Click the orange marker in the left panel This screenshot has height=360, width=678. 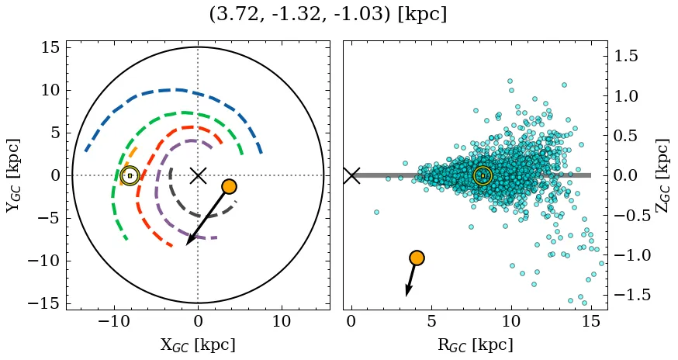pyautogui.click(x=229, y=186)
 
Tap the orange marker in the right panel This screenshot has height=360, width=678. pyautogui.click(x=417, y=258)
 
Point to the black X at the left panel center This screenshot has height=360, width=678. pyautogui.click(x=198, y=175)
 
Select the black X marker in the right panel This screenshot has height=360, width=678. pyautogui.click(x=351, y=175)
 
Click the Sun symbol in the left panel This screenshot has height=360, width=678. pyautogui.click(x=130, y=175)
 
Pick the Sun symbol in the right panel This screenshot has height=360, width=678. pyautogui.click(x=483, y=176)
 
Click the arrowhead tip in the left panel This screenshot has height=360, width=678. pyautogui.click(x=187, y=244)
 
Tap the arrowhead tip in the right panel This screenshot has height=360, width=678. pyautogui.click(x=406, y=296)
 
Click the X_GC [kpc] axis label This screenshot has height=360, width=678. pyautogui.click(x=198, y=344)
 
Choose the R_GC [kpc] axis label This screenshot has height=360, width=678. pyautogui.click(x=475, y=344)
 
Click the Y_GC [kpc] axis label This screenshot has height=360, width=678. pyautogui.click(x=13, y=175)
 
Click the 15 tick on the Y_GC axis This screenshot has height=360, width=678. pyautogui.click(x=50, y=47)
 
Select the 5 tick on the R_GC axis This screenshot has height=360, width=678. pyautogui.click(x=431, y=322)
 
